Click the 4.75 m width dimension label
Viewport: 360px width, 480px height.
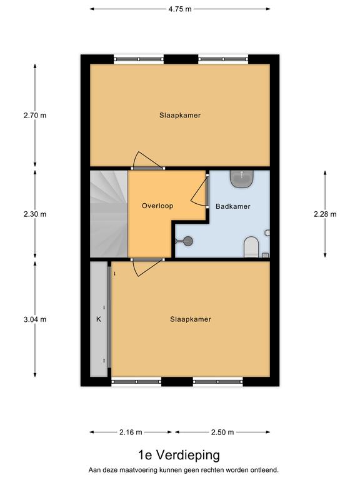coord(180,9)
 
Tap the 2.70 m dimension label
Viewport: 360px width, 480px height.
coord(35,116)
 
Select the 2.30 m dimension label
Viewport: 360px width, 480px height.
coord(35,214)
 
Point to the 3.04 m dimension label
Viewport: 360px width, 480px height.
coord(35,319)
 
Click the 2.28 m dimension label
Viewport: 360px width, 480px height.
coord(325,214)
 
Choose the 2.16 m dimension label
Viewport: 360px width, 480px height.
coord(131,432)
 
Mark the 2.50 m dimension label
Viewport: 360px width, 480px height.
coord(222,432)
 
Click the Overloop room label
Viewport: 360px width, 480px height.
coord(157,206)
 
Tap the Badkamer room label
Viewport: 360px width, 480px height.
coord(233,206)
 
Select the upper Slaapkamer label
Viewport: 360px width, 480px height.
coord(180,116)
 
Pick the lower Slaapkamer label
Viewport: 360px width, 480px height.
coord(191,319)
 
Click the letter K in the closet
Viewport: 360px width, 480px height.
coord(99,319)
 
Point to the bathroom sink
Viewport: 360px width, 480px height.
coord(242,179)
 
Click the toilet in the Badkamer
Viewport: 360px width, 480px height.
coord(251,247)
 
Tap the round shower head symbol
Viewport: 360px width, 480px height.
coord(188,241)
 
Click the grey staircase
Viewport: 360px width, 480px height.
coord(109,214)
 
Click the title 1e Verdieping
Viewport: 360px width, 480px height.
coord(179,455)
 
